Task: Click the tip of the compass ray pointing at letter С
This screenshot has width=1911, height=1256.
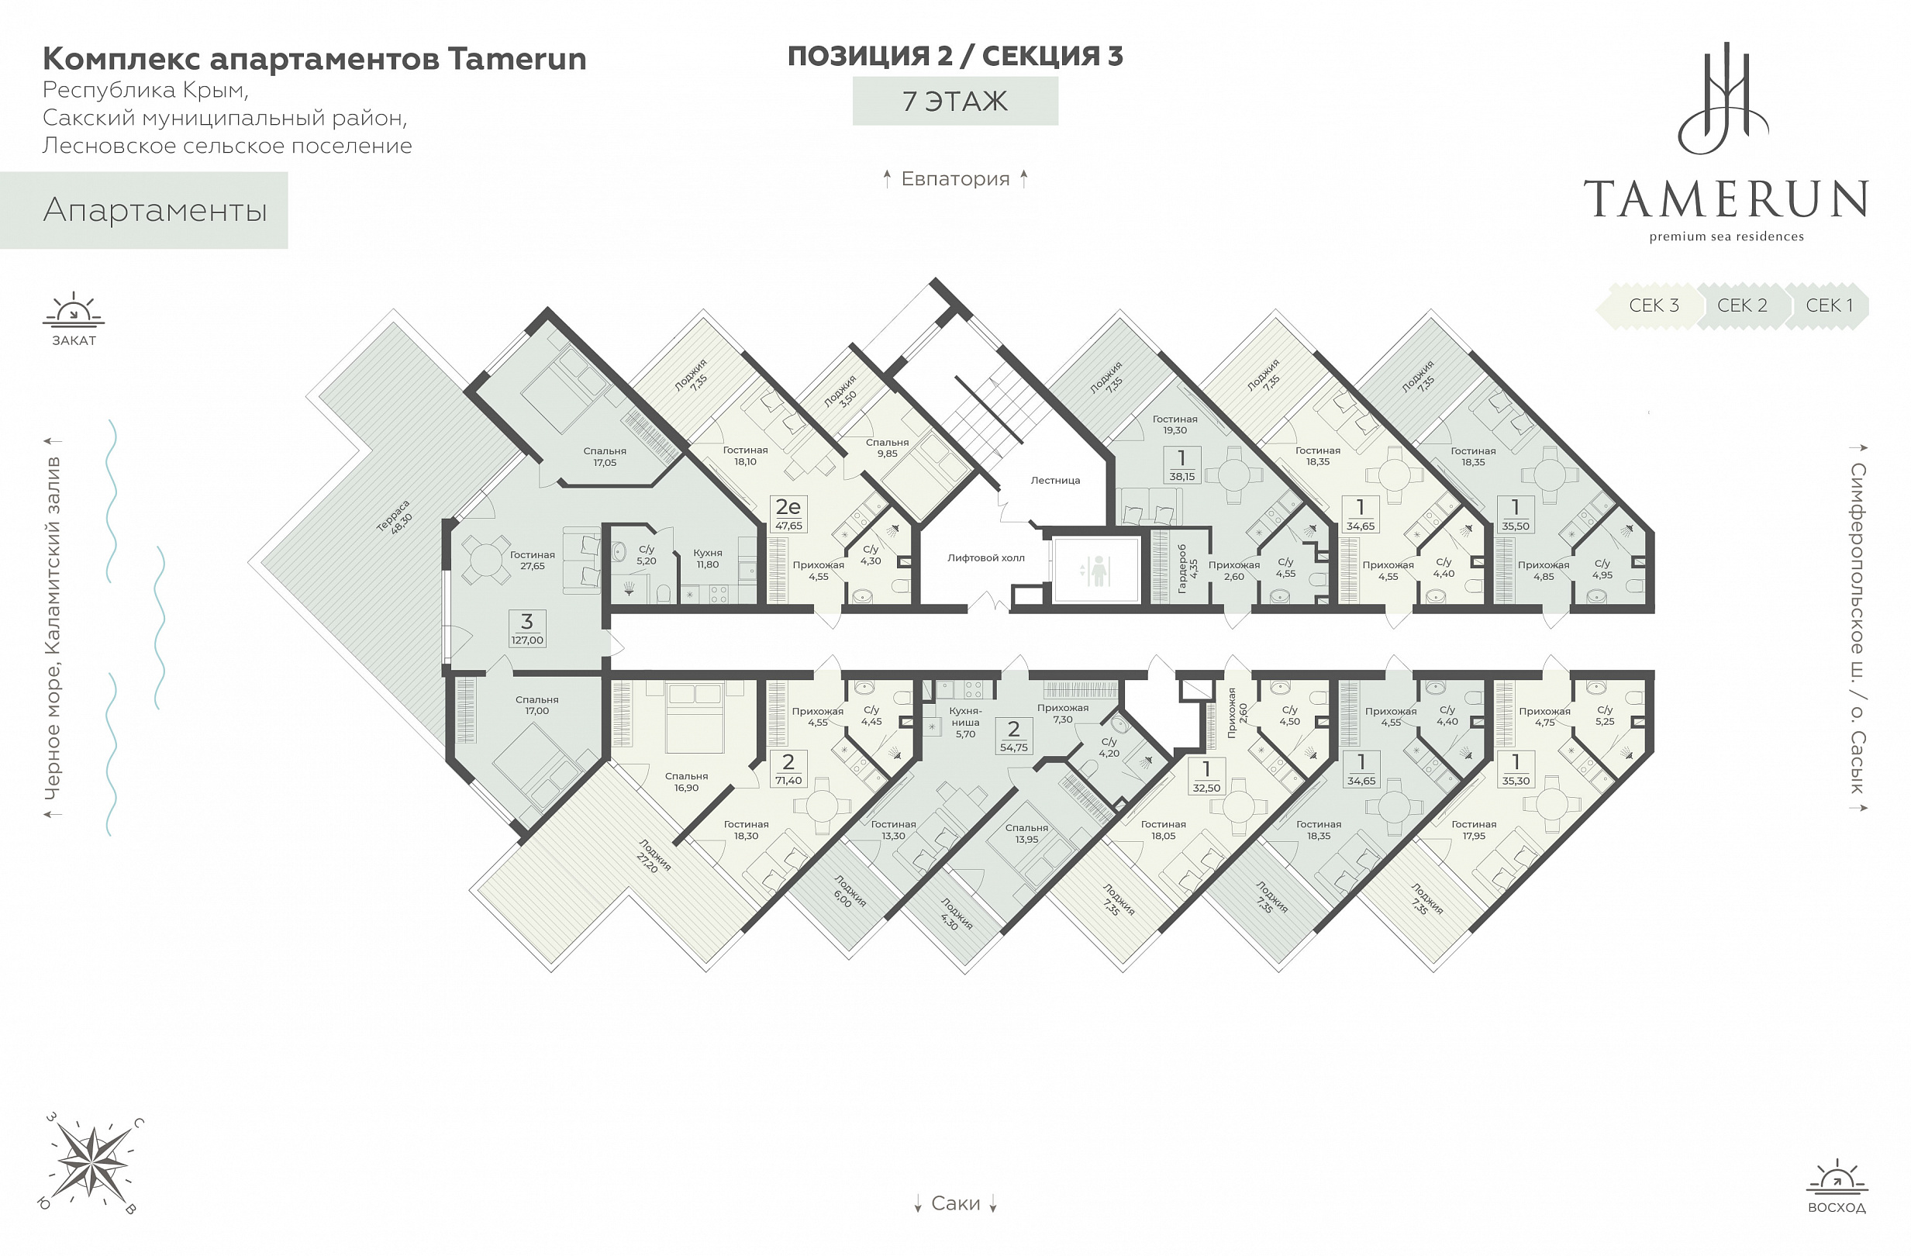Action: pyautogui.click(x=130, y=1131)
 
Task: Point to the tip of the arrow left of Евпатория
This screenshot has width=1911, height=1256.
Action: pyautogui.click(x=886, y=171)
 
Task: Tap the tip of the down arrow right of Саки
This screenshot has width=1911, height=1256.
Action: pyautogui.click(x=993, y=1212)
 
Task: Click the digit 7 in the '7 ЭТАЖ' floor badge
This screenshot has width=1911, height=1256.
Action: pyautogui.click(x=909, y=102)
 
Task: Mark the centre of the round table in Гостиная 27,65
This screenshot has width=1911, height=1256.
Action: pyautogui.click(x=485, y=557)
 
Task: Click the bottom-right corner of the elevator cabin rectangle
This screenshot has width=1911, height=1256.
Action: pyautogui.click(x=1139, y=601)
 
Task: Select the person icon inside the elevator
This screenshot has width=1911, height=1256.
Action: pyautogui.click(x=1098, y=571)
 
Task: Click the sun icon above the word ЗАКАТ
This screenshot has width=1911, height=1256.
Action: pyautogui.click(x=73, y=311)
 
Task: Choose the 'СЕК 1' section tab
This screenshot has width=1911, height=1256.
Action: pyautogui.click(x=1828, y=306)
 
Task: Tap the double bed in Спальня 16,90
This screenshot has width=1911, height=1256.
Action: pyautogui.click(x=695, y=718)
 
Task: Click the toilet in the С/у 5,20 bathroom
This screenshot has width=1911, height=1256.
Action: pyautogui.click(x=664, y=594)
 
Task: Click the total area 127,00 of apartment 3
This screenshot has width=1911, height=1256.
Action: pyautogui.click(x=526, y=640)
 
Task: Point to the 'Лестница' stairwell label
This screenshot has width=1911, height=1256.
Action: pyautogui.click(x=1055, y=480)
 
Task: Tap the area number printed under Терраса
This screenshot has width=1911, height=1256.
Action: pyautogui.click(x=401, y=524)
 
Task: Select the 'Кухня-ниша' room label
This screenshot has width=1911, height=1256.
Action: pyautogui.click(x=965, y=716)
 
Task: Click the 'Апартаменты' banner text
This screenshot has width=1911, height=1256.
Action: pyautogui.click(x=155, y=210)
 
